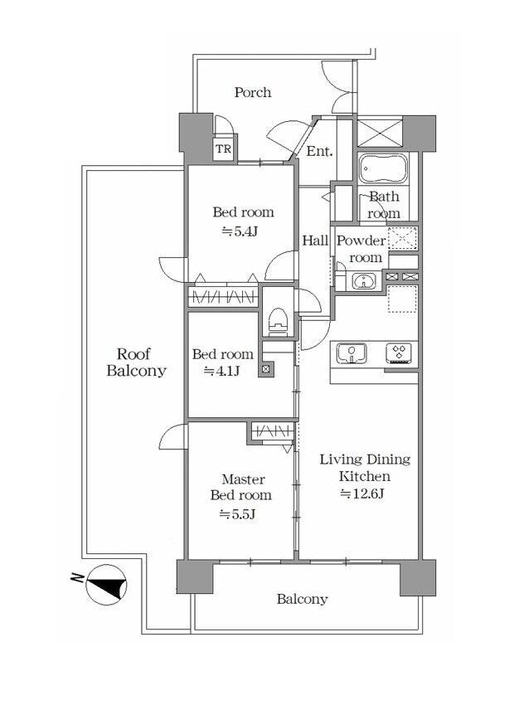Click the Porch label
(x=253, y=93)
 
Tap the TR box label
(x=223, y=148)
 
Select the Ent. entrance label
(x=319, y=151)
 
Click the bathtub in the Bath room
(x=383, y=168)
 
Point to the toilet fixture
(x=277, y=321)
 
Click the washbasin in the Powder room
(x=362, y=282)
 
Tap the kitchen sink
(x=352, y=352)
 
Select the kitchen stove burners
(x=399, y=352)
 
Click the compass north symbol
(x=106, y=585)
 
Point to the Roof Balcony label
(x=136, y=362)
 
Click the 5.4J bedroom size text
(x=240, y=231)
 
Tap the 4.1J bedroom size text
(x=221, y=372)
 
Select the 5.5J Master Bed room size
(x=237, y=513)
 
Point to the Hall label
(x=315, y=241)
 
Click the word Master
(x=243, y=479)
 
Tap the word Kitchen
(x=365, y=476)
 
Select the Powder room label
(x=362, y=249)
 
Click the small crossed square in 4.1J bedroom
(x=265, y=370)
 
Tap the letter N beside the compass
(x=77, y=577)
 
